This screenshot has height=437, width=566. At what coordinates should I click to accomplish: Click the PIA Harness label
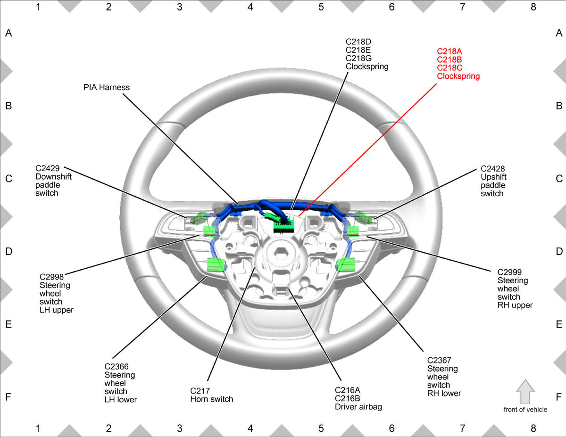click(x=106, y=87)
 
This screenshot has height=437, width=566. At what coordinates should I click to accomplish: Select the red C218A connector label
click(x=449, y=51)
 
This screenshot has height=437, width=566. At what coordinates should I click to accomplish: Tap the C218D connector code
click(x=358, y=41)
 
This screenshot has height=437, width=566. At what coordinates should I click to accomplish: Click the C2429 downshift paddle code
click(x=48, y=168)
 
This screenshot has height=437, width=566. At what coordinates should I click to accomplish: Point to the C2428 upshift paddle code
click(x=492, y=169)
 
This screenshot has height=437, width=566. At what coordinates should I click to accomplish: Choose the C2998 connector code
click(x=51, y=277)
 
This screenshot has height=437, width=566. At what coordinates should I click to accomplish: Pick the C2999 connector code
click(x=509, y=272)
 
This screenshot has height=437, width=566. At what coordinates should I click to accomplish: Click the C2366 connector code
click(x=117, y=366)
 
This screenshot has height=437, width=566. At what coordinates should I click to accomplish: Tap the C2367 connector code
click(x=439, y=360)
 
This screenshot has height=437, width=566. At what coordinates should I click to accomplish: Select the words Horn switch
click(x=211, y=399)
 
